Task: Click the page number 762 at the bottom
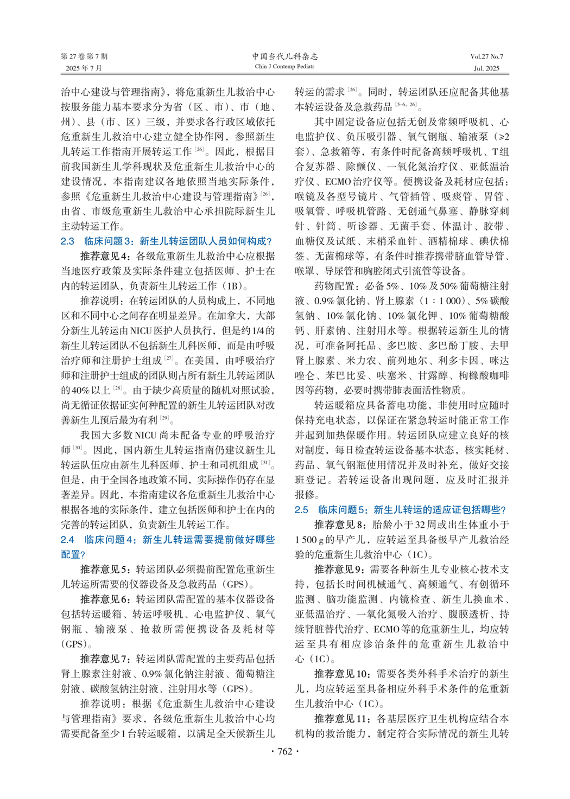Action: [285, 751]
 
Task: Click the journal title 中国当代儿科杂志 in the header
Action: [285, 56]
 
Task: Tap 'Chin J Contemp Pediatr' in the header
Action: [285, 67]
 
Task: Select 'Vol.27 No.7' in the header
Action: [486, 56]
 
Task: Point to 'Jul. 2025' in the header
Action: [486, 68]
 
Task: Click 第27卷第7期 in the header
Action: [84, 56]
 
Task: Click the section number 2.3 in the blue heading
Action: [67, 241]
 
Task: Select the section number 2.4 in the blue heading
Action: [67, 540]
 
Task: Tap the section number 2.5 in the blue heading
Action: [301, 510]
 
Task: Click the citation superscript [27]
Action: [169, 359]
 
